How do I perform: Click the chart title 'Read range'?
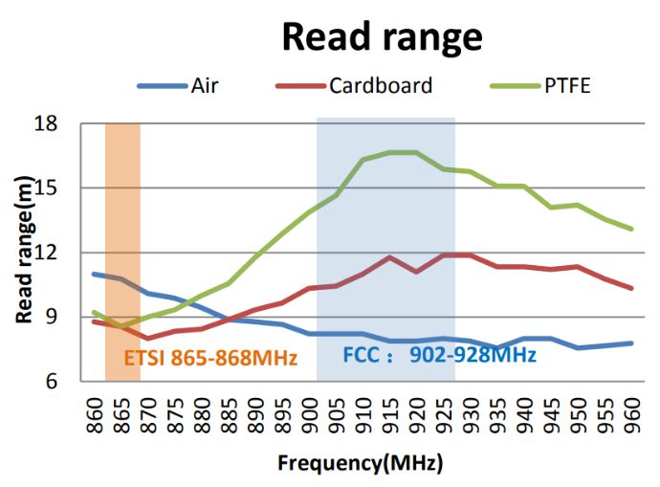(x=381, y=37)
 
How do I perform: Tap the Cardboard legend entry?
(x=381, y=86)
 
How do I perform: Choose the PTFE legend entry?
(x=566, y=86)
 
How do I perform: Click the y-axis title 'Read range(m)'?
(x=26, y=251)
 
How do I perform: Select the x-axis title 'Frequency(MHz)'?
(x=361, y=464)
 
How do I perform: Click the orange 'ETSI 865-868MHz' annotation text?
(x=211, y=358)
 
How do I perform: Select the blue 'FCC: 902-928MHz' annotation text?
(x=439, y=356)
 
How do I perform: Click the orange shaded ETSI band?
(x=122, y=239)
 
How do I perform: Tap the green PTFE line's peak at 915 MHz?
(x=389, y=152)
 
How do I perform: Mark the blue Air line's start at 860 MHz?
(x=94, y=275)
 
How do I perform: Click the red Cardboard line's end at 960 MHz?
(x=631, y=288)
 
